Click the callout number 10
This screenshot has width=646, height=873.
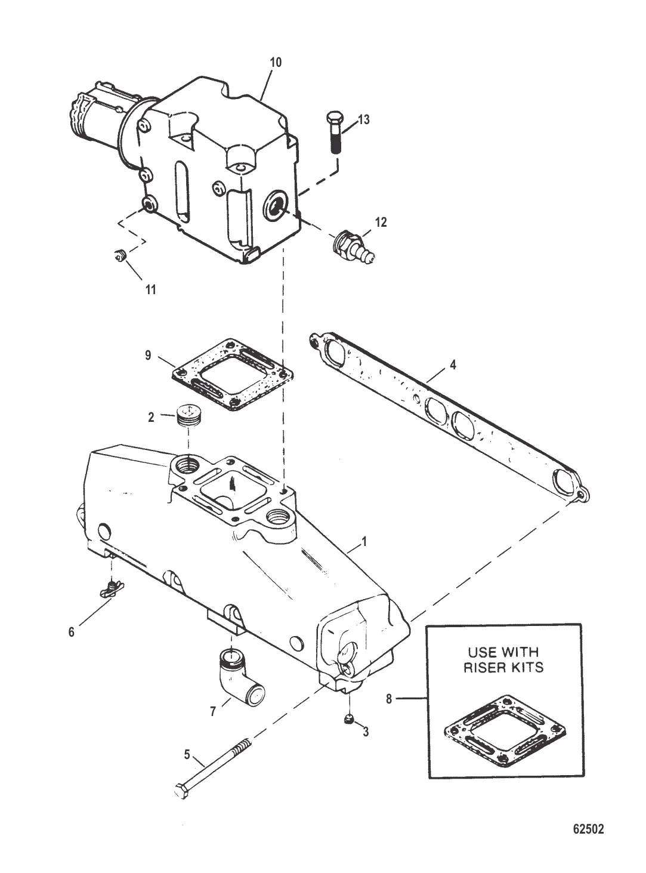point(276,62)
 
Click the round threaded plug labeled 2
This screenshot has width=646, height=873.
point(188,417)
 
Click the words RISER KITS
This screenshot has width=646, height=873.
point(503,667)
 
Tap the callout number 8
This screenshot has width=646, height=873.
point(389,698)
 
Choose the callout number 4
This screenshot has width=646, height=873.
point(453,365)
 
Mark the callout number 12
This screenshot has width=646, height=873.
point(380,222)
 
